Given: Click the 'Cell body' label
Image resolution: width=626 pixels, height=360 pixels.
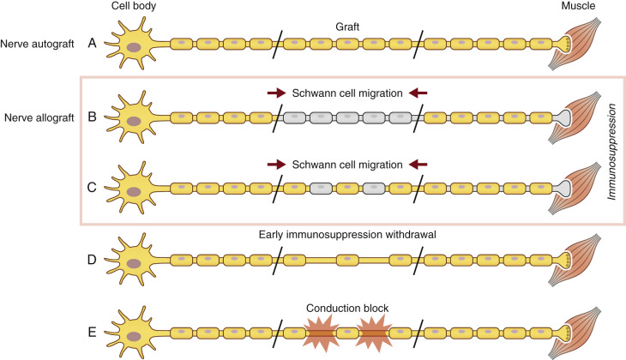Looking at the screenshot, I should (x=133, y=7).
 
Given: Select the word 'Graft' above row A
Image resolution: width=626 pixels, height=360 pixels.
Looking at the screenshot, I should (x=347, y=25).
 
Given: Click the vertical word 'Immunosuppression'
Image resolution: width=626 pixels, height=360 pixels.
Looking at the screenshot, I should (x=613, y=149).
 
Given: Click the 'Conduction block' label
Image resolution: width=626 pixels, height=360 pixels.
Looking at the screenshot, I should (x=347, y=306).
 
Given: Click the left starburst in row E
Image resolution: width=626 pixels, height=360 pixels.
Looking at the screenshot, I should (x=315, y=330).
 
